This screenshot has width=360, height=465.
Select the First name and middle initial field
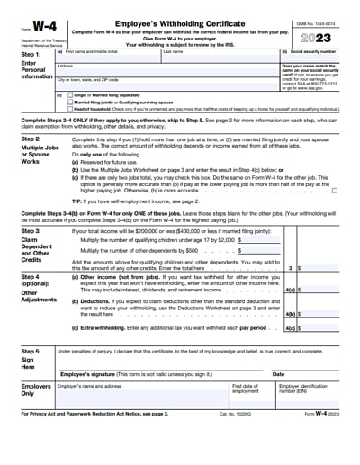click(x=107, y=57)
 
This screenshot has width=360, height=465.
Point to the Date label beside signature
click(x=278, y=374)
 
